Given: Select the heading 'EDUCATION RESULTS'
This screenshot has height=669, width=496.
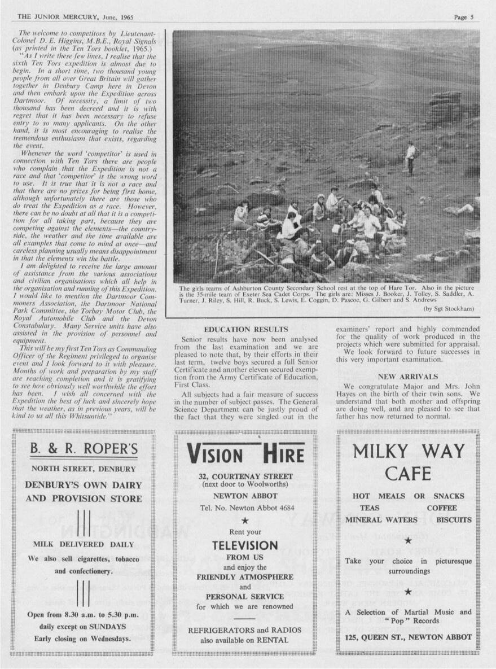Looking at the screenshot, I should click(245, 329).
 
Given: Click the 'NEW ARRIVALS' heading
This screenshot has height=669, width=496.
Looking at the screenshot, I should click(407, 376).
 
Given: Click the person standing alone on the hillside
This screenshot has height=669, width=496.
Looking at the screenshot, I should click(410, 158).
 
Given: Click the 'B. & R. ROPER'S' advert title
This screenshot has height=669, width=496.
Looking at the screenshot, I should click(83, 449).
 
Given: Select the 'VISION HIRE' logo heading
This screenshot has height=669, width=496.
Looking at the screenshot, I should click(245, 453).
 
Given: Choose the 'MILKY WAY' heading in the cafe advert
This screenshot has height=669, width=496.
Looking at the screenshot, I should click(409, 452).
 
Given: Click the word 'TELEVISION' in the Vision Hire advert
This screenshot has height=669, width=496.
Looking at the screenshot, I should click(245, 546).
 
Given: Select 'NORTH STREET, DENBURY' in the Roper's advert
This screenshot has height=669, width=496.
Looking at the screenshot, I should click(83, 469).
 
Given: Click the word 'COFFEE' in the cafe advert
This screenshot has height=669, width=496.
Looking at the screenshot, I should click(441, 508).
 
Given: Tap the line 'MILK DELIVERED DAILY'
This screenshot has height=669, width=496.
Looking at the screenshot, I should click(83, 545).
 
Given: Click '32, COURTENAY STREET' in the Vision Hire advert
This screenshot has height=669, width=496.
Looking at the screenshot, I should click(245, 476).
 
